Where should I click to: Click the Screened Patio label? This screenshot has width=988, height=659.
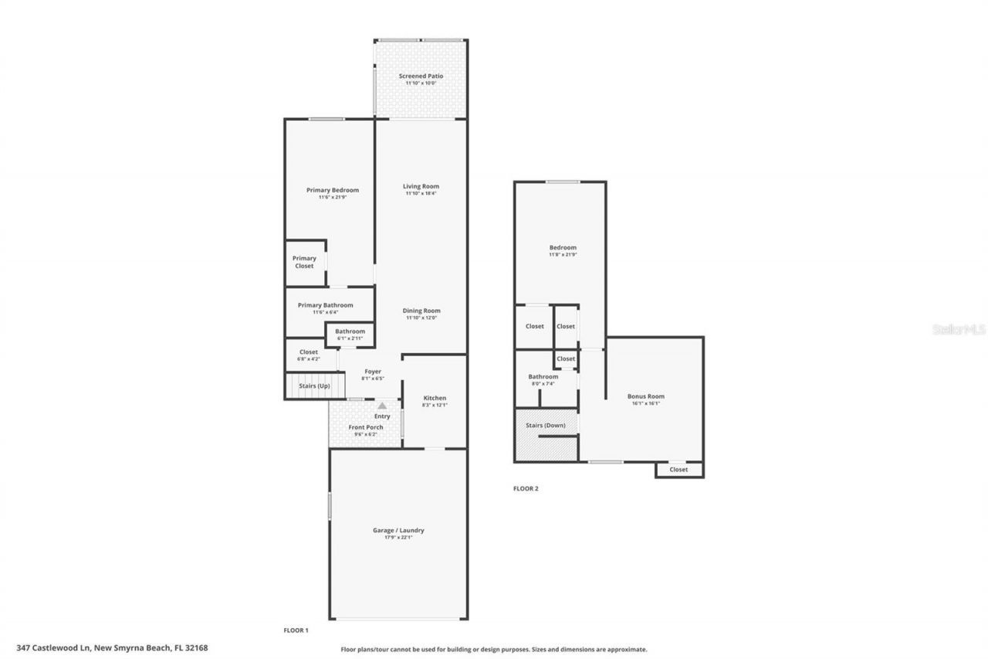tap(421, 76)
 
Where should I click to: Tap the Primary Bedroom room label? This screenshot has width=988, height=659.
tap(333, 190)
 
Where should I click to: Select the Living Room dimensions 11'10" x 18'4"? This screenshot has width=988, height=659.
tap(421, 194)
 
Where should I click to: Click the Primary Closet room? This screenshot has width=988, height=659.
tap(304, 263)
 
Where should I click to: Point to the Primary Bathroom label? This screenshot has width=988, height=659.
tap(326, 305)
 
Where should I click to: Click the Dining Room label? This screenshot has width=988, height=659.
tap(421, 311)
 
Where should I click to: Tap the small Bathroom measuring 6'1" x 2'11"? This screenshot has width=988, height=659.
tap(350, 335)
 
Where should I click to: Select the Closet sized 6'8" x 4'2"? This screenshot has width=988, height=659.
tap(309, 355)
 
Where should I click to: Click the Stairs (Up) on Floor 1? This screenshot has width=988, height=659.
tap(314, 386)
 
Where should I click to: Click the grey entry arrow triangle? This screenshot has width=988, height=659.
tap(381, 405)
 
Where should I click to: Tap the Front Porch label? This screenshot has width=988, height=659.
tap(366, 427)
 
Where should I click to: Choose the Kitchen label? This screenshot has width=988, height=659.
tap(435, 398)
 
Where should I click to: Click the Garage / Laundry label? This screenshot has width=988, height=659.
tap(399, 530)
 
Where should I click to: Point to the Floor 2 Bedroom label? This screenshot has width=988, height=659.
tap(563, 247)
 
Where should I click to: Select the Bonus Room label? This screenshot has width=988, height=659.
tap(645, 396)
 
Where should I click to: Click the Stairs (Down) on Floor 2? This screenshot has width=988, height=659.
tap(546, 426)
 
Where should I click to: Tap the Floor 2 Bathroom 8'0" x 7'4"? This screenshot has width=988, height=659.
tap(543, 377)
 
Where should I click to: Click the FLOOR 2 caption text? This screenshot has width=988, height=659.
tap(526, 488)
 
